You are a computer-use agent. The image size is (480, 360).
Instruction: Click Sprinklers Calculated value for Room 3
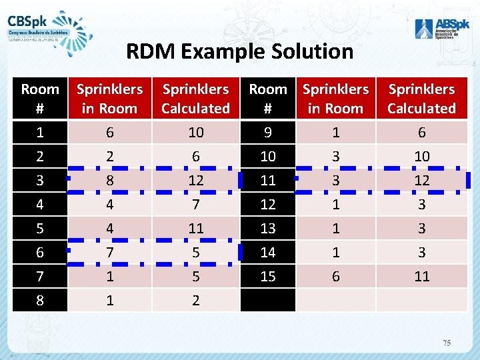pyautogui.click(x=196, y=181)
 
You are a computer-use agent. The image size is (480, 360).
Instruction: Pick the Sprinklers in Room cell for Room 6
pyautogui.click(x=110, y=253)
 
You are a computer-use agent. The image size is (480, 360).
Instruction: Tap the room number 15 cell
pyautogui.click(x=268, y=277)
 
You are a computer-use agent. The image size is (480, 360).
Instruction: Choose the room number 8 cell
pyautogui.click(x=40, y=301)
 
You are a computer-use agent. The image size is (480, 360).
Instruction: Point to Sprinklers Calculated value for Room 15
pyautogui.click(x=421, y=277)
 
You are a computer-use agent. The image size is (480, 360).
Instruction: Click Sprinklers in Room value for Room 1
pyautogui.click(x=110, y=133)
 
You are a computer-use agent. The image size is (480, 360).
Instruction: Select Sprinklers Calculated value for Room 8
pyautogui.click(x=196, y=301)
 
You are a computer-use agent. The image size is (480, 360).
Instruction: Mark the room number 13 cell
pyautogui.click(x=268, y=229)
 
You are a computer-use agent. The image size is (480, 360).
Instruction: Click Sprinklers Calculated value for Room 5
pyautogui.click(x=196, y=229)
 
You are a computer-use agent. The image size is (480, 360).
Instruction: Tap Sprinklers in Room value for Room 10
pyautogui.click(x=336, y=157)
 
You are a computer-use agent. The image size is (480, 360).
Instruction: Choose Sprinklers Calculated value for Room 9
pyautogui.click(x=421, y=133)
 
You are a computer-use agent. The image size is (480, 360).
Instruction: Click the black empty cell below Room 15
pyautogui.click(x=268, y=301)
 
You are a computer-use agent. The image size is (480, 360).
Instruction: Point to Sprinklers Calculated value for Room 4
pyautogui.click(x=196, y=205)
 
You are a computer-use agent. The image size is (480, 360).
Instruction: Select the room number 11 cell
pyautogui.click(x=268, y=181)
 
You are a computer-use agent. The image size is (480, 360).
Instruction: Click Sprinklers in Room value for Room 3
pyautogui.click(x=110, y=181)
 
